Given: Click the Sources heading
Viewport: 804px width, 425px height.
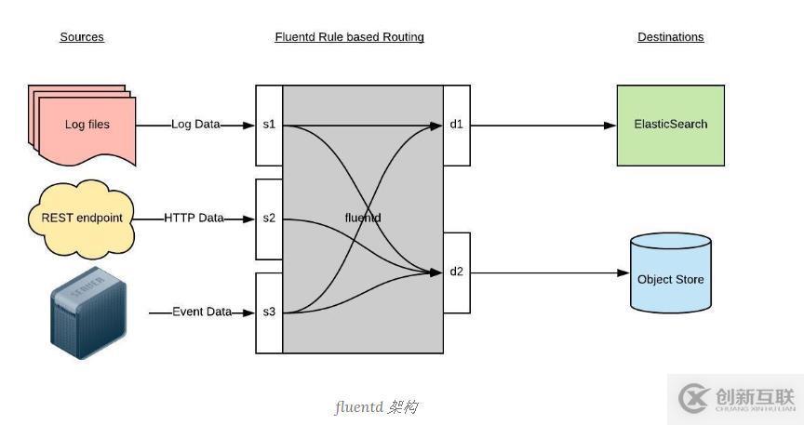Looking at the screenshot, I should pyautogui.click(x=82, y=37).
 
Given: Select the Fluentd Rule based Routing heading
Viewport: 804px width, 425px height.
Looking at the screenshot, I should pyautogui.click(x=349, y=37).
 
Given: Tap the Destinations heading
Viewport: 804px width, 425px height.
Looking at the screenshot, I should pyautogui.click(x=670, y=37).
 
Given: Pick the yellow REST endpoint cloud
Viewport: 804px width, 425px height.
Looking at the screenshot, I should pyautogui.click(x=82, y=219).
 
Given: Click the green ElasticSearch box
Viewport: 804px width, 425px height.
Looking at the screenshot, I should pyautogui.click(x=670, y=125).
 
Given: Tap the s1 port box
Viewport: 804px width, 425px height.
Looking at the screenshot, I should pyautogui.click(x=269, y=125).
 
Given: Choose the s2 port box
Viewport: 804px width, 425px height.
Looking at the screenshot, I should pyautogui.click(x=269, y=219).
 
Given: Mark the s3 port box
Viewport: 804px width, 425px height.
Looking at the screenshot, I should pyautogui.click(x=269, y=312).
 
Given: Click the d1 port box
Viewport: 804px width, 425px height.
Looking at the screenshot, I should pyautogui.click(x=456, y=125).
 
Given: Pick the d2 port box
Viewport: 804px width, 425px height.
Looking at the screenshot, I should pyautogui.click(x=456, y=272).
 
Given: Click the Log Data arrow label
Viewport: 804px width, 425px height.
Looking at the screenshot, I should pyautogui.click(x=195, y=124).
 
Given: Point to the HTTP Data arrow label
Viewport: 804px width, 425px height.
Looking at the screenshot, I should pyautogui.click(x=194, y=219).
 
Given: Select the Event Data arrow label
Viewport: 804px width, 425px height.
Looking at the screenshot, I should pyautogui.click(x=202, y=312).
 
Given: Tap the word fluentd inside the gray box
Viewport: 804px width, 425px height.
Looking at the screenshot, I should pyautogui.click(x=362, y=218).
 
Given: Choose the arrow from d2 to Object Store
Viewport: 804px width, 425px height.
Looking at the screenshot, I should pyautogui.click(x=550, y=272).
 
